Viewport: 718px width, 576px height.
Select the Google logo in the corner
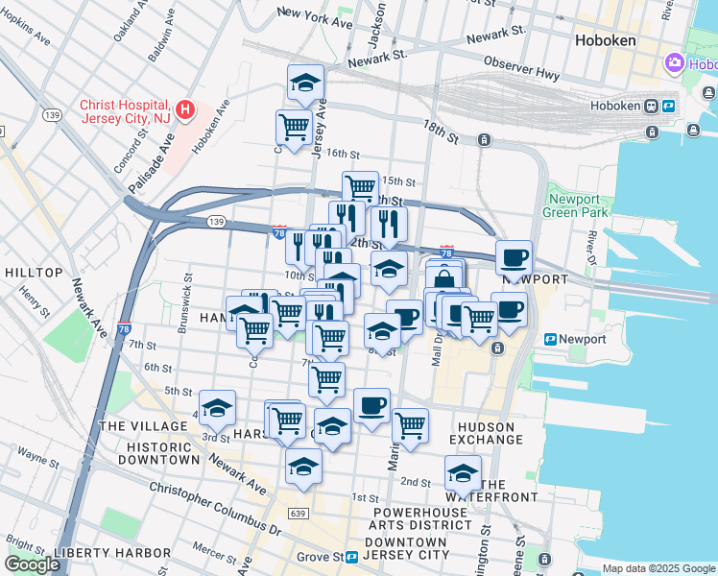tap(32, 564)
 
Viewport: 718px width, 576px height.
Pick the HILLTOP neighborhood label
tap(34, 273)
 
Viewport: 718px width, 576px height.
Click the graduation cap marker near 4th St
tap(217, 408)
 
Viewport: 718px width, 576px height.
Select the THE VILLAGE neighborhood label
tap(142, 425)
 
